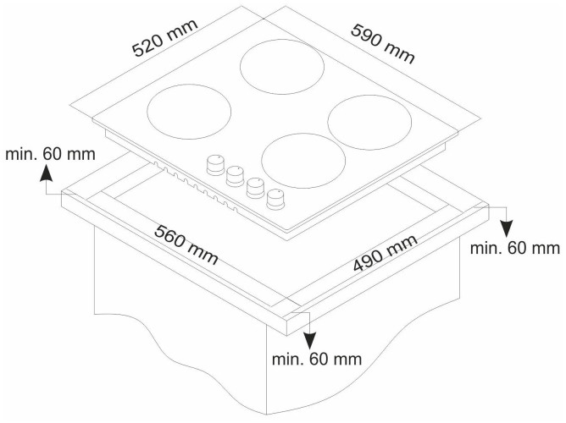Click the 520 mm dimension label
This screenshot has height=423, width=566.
165,37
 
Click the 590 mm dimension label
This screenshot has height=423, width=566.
383,44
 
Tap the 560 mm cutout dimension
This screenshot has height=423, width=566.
186,244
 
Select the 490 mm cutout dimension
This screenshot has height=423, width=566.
386,253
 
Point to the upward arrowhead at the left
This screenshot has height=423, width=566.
47,173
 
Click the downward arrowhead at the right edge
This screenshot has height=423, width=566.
507,228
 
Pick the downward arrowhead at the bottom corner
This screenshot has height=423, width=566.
310,341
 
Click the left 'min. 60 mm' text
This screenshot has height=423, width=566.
51,154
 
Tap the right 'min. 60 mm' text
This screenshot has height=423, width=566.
515,248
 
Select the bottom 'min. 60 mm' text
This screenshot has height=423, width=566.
317,360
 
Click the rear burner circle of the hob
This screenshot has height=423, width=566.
282,67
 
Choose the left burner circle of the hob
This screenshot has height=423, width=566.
190,112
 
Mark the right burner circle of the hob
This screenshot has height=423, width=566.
369,122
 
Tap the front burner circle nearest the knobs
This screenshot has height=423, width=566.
303,161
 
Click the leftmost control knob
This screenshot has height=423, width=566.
215,165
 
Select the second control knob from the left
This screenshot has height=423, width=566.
236,176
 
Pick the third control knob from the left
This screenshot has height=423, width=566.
255,188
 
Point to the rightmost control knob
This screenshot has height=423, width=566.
275,199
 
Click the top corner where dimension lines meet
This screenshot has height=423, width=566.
264,18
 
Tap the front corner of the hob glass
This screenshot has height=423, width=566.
289,231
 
